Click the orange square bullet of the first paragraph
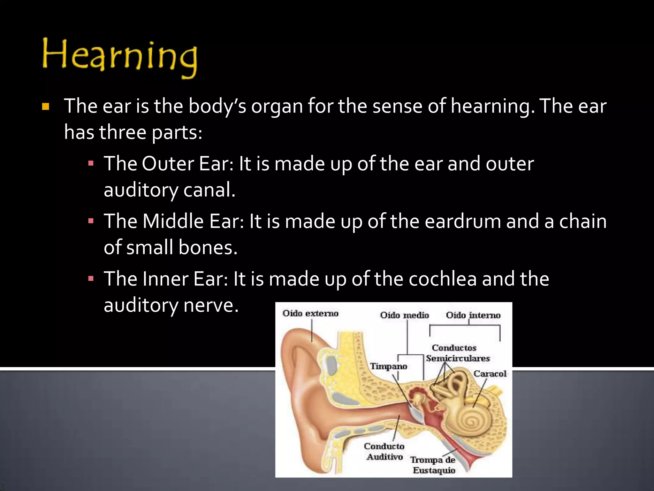(46, 106)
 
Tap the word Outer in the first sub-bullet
(168, 164)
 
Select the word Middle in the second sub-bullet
(173, 221)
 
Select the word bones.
(208, 247)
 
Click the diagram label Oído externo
(310, 313)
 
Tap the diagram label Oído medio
(404, 315)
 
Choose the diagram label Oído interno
(473, 315)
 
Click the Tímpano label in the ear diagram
(388, 366)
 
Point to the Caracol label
(490, 374)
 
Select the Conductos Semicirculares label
(457, 353)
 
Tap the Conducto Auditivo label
(384, 451)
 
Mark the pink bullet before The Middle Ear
(91, 221)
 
